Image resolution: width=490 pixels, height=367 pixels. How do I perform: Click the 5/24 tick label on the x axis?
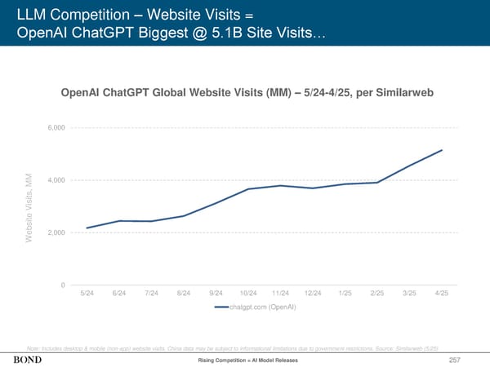pyautogui.click(x=86, y=293)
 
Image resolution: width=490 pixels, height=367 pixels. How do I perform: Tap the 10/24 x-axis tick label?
pyautogui.click(x=248, y=293)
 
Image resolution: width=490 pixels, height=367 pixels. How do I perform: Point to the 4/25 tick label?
pyautogui.click(x=442, y=293)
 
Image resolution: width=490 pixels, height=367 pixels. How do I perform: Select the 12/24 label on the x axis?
pyautogui.click(x=313, y=293)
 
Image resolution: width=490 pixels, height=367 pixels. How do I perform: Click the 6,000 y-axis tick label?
pyautogui.click(x=57, y=128)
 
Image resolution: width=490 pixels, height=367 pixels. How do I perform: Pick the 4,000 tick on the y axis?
pyautogui.click(x=57, y=180)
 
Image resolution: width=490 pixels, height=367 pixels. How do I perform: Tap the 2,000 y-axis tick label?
pyautogui.click(x=57, y=232)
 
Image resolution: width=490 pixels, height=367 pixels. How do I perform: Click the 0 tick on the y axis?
pyautogui.click(x=63, y=285)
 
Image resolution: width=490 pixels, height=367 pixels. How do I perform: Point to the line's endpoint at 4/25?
pyautogui.click(x=442, y=150)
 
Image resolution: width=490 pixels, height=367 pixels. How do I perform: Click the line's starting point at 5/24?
pyautogui.click(x=87, y=228)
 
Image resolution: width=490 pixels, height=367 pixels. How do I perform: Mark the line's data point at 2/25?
pyautogui.click(x=377, y=183)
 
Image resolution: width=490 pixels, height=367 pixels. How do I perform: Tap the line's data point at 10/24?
pyautogui.click(x=248, y=189)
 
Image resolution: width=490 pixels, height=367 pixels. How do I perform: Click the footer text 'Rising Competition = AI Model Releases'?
pyautogui.click(x=245, y=360)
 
